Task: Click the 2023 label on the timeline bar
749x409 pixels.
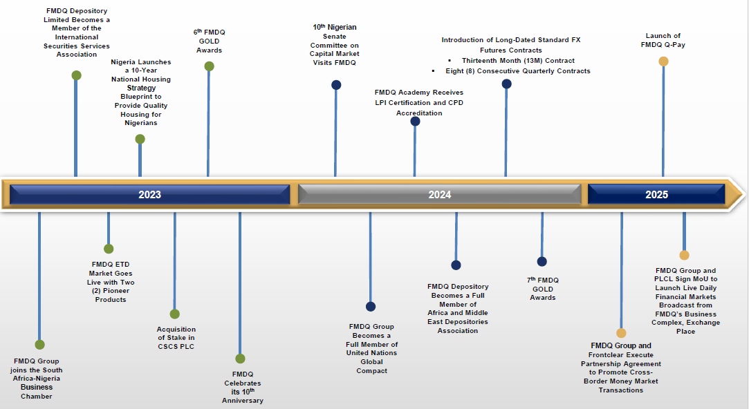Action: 149,195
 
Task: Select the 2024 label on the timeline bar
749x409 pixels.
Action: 439,195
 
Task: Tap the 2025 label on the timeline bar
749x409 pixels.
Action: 656,195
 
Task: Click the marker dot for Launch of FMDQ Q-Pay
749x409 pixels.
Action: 663,61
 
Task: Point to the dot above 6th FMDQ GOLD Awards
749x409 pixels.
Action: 209,66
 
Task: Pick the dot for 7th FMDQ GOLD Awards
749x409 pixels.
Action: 542,262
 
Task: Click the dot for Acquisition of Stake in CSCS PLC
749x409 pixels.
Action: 174,314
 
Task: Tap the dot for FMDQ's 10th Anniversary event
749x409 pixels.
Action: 240,359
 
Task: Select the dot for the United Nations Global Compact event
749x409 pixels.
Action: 371,307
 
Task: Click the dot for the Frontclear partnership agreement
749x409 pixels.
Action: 621,333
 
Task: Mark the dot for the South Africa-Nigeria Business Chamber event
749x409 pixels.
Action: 39,345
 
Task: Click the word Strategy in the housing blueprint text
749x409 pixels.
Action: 141,88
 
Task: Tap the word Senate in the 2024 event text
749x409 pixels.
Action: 334,36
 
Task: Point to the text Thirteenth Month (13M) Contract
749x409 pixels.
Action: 518,61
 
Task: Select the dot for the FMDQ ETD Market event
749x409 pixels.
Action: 109,249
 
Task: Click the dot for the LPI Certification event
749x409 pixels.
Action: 415,122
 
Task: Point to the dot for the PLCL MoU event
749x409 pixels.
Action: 684,255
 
